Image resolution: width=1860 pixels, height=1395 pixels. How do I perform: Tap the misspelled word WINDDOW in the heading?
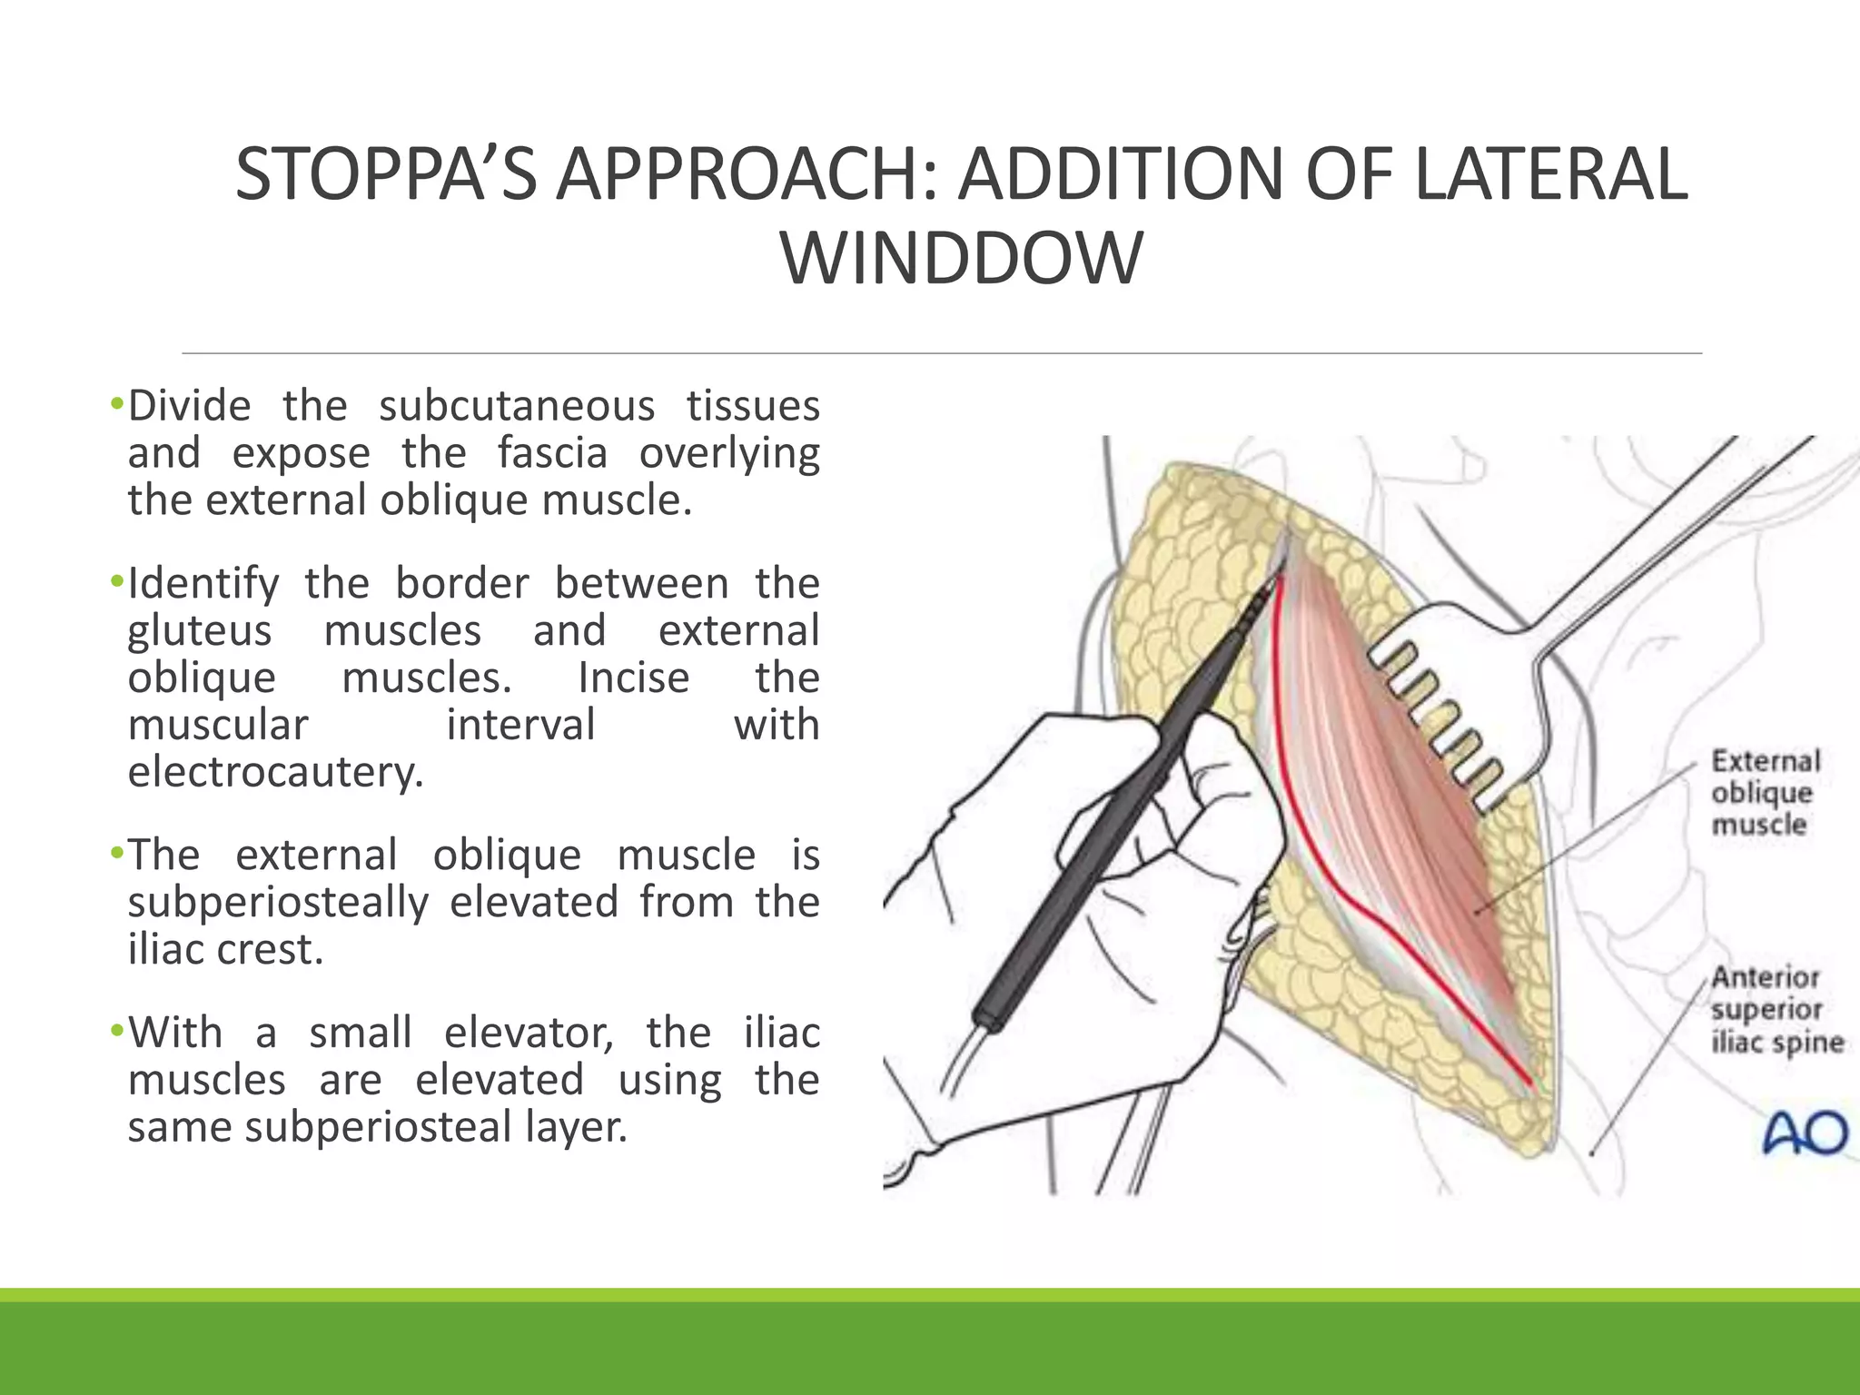(x=961, y=260)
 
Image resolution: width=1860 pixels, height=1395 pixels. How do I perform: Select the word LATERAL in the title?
(x=1551, y=174)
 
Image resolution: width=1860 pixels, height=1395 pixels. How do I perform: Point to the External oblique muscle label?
(x=1766, y=793)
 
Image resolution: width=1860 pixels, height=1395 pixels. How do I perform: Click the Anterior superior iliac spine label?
(x=1776, y=1009)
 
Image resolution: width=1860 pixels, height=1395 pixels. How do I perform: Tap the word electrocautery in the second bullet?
(x=276, y=773)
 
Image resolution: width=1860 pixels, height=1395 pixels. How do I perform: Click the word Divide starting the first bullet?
(x=189, y=406)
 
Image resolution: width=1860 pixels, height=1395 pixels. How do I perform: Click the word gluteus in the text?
(x=199, y=631)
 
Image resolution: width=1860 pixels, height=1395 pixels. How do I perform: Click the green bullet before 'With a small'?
(x=115, y=1032)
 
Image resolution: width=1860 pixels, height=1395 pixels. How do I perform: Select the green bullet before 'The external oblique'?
(x=115, y=854)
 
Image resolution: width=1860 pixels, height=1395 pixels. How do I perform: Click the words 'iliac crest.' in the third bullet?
(x=225, y=950)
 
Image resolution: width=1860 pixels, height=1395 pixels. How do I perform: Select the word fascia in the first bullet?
(x=551, y=453)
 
